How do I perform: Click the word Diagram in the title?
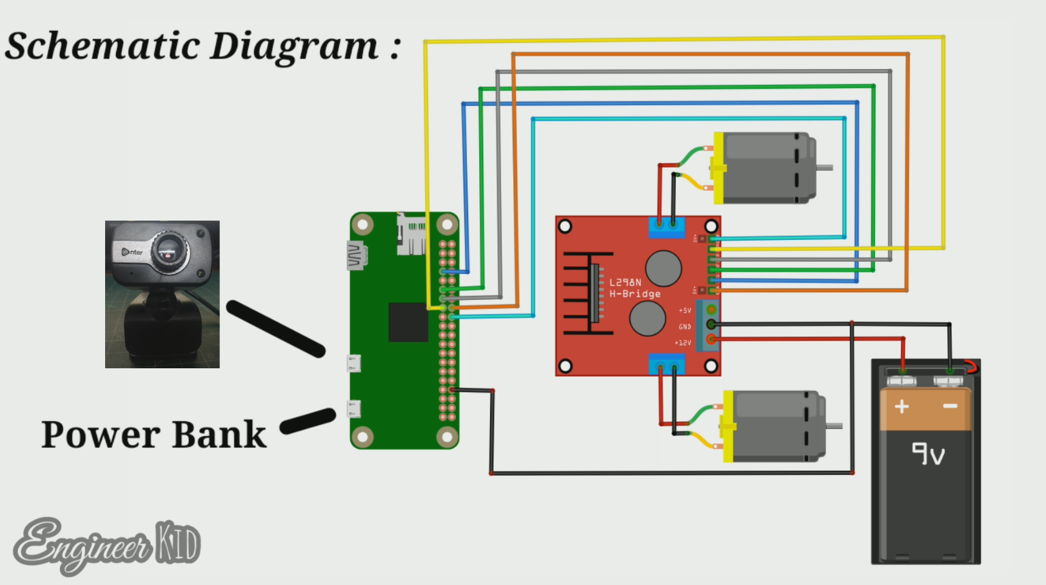(x=294, y=46)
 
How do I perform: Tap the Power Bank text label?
(x=153, y=435)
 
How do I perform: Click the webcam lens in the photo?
(x=169, y=250)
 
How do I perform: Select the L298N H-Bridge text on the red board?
(x=634, y=288)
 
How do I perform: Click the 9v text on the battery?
(x=928, y=454)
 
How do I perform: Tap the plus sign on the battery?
(x=902, y=406)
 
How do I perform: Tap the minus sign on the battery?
(x=950, y=406)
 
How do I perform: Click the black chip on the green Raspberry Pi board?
(x=408, y=322)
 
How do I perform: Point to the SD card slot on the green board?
(x=411, y=234)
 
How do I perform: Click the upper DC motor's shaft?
(x=825, y=168)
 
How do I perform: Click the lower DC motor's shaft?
(x=834, y=426)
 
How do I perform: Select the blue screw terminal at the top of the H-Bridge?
(x=666, y=226)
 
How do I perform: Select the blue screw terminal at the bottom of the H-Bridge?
(x=666, y=365)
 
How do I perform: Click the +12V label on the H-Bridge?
(x=683, y=343)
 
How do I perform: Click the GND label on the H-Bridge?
(x=685, y=327)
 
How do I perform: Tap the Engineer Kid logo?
(x=106, y=546)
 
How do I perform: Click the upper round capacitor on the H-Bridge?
(x=663, y=268)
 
